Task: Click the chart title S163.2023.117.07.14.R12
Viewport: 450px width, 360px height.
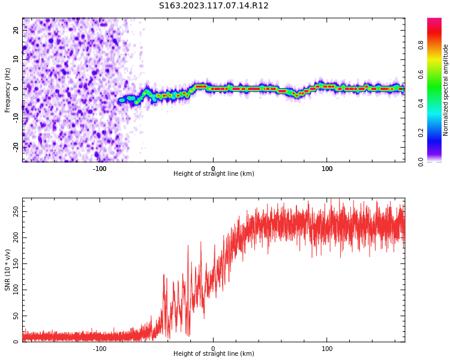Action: pyautogui.click(x=214, y=6)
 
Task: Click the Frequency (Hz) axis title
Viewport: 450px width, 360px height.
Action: pyautogui.click(x=8, y=90)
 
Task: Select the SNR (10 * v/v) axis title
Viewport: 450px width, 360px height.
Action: pyautogui.click(x=8, y=270)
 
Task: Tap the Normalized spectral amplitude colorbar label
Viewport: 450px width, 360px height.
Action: pyautogui.click(x=446, y=90)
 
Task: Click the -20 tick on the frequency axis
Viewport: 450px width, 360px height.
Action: pyautogui.click(x=16, y=146)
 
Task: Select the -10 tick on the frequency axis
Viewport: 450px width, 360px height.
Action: pyautogui.click(x=16, y=118)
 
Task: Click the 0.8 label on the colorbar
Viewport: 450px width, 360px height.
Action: pyautogui.click(x=421, y=45)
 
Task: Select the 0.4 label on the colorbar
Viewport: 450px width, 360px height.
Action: pyautogui.click(x=421, y=103)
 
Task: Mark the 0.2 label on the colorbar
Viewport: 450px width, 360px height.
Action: pyautogui.click(x=421, y=133)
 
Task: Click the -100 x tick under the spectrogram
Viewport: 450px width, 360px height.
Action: pyautogui.click(x=100, y=169)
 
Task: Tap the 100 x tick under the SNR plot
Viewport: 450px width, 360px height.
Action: pyautogui.click(x=327, y=349)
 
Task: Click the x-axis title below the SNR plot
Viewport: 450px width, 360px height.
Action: pyautogui.click(x=214, y=354)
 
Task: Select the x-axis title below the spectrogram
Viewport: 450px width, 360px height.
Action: pyautogui.click(x=214, y=174)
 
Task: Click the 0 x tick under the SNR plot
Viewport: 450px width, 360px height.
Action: pyautogui.click(x=213, y=349)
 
